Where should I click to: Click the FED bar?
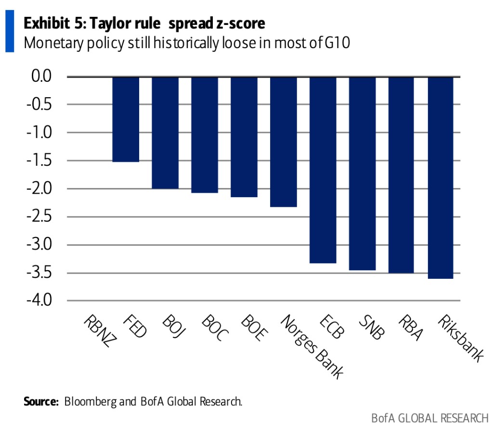[x=126, y=119]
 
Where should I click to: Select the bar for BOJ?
[x=165, y=133]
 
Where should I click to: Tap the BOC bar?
[x=205, y=135]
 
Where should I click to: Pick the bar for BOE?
[x=244, y=137]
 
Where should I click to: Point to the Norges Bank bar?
[x=284, y=142]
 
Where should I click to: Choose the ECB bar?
[x=323, y=170]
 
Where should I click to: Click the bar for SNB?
[x=363, y=173]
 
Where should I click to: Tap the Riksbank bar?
[x=440, y=177]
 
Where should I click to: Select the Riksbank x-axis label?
[x=459, y=339]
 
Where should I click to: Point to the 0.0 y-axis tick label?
[x=44, y=76]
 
